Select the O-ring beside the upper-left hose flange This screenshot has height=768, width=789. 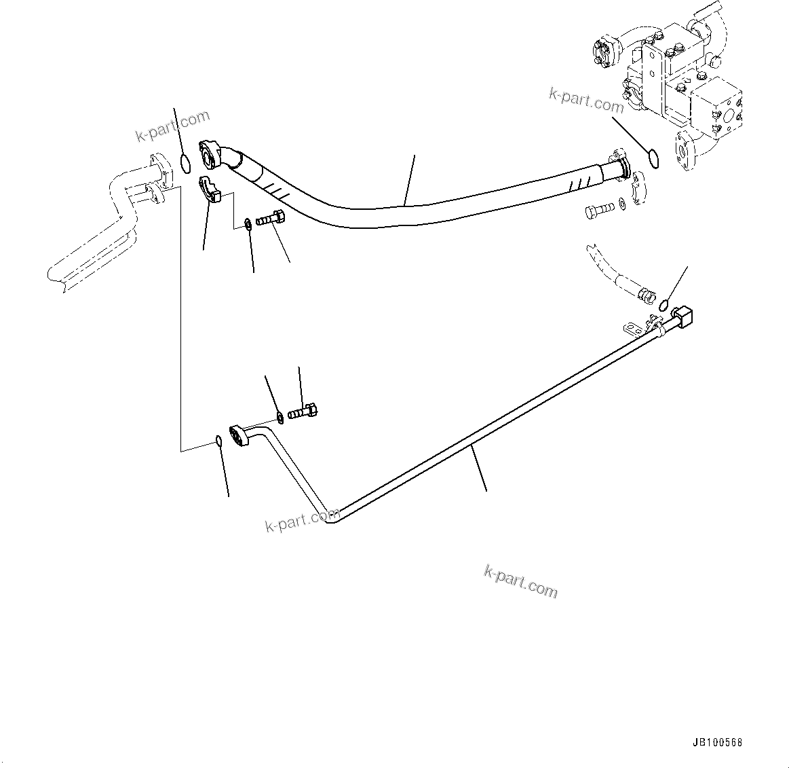[185, 163]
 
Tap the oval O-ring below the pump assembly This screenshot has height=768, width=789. [654, 159]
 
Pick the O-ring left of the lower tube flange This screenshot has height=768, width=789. [218, 441]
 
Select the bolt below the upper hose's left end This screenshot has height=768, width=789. [273, 219]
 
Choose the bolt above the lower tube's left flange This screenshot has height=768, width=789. [304, 411]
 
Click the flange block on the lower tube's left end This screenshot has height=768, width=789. [239, 436]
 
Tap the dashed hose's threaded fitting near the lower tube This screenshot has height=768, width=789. [646, 295]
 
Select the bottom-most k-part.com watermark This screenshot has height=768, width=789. [521, 582]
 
